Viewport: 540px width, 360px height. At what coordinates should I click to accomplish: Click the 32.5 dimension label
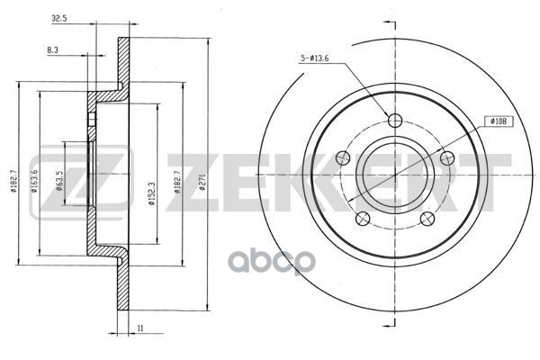[58, 19]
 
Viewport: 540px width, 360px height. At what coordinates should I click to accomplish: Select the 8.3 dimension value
[52, 50]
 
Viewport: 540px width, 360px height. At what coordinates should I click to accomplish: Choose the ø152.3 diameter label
[152, 193]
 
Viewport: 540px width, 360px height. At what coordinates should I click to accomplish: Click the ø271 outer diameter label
[202, 182]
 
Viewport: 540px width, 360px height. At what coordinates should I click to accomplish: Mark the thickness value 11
[139, 328]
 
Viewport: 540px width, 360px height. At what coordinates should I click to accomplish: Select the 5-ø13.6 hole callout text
[314, 58]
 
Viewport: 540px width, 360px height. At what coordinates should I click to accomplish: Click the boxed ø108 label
[499, 121]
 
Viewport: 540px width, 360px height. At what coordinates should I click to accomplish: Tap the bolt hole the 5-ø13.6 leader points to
[395, 121]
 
